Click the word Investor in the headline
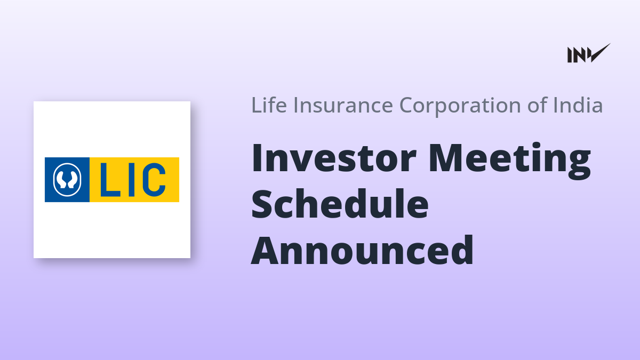[x=334, y=158]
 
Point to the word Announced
[x=362, y=250]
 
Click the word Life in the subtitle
[x=269, y=105]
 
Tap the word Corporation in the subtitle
[x=460, y=106]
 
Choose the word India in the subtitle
[x=578, y=105]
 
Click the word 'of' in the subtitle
[x=538, y=105]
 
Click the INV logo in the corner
[x=589, y=53]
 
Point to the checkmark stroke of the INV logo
[x=599, y=53]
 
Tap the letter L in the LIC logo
[x=110, y=180]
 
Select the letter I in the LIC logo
[x=131, y=180]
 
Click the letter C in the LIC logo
[x=154, y=180]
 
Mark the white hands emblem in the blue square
[x=67, y=180]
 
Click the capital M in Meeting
[x=445, y=158]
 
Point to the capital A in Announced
[x=266, y=251]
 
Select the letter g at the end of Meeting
[x=579, y=166]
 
